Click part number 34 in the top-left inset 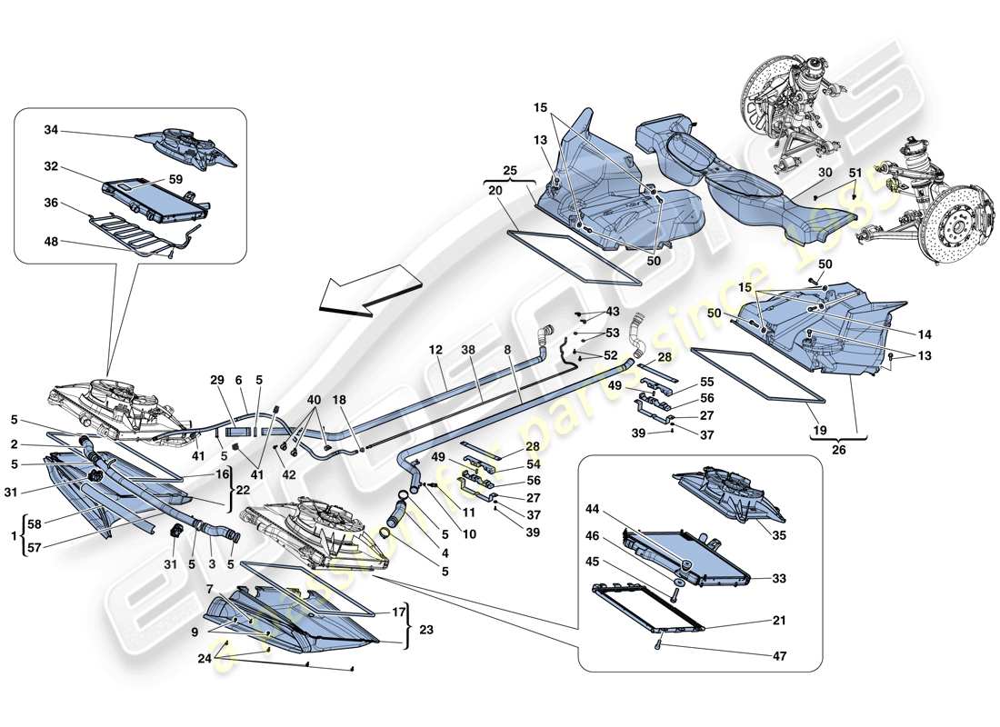click(50, 131)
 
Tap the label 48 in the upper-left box click(50, 242)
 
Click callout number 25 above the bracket click(508, 171)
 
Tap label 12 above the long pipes click(436, 349)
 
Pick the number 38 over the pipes click(469, 349)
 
